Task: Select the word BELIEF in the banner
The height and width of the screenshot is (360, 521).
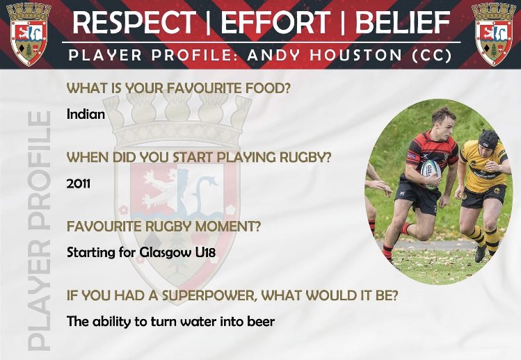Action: point(403,23)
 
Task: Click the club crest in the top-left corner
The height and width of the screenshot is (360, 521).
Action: point(28,33)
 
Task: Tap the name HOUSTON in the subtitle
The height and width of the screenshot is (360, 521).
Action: point(345,54)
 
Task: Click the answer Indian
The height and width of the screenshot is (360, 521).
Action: point(86,114)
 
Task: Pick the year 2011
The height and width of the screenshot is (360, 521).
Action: point(79,183)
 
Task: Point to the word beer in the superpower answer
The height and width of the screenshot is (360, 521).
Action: point(260,322)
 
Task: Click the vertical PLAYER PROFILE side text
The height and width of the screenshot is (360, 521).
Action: point(38,229)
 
